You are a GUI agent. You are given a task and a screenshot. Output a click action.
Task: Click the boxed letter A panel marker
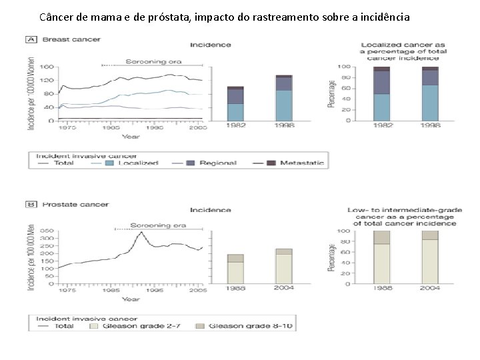tap(31, 40)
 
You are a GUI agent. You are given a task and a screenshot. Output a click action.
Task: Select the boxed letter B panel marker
tap(31, 205)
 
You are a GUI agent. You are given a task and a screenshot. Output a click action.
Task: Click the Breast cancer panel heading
tap(71, 40)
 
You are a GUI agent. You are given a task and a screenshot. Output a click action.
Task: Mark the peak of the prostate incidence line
tap(139, 233)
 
